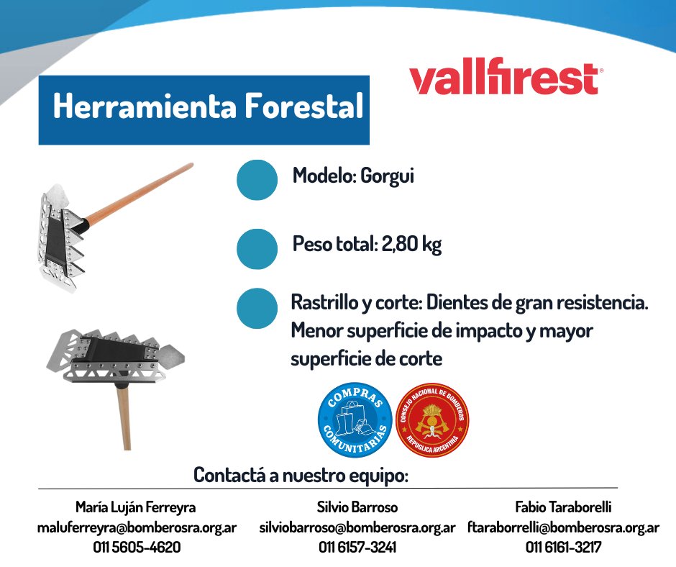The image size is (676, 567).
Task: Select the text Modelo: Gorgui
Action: pyautogui.click(x=353, y=176)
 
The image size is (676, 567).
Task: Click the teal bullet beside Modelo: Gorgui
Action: pyautogui.click(x=257, y=179)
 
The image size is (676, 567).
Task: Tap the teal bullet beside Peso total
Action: pyautogui.click(x=257, y=248)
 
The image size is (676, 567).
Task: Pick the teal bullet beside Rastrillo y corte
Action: pyautogui.click(x=257, y=308)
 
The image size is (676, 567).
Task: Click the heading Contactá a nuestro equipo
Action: pyautogui.click(x=301, y=476)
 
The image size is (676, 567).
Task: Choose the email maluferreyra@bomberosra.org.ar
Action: pyautogui.click(x=137, y=527)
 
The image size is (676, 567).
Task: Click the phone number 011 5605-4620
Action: pyautogui.click(x=137, y=547)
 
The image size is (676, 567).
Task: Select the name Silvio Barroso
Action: pyautogui.click(x=357, y=507)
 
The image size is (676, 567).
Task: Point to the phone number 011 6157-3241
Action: pyautogui.click(x=357, y=547)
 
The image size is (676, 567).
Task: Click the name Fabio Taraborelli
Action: pyautogui.click(x=563, y=507)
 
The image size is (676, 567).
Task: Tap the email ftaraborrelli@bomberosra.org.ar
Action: pyautogui.click(x=563, y=527)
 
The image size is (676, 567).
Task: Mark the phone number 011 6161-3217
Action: pyautogui.click(x=563, y=547)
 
